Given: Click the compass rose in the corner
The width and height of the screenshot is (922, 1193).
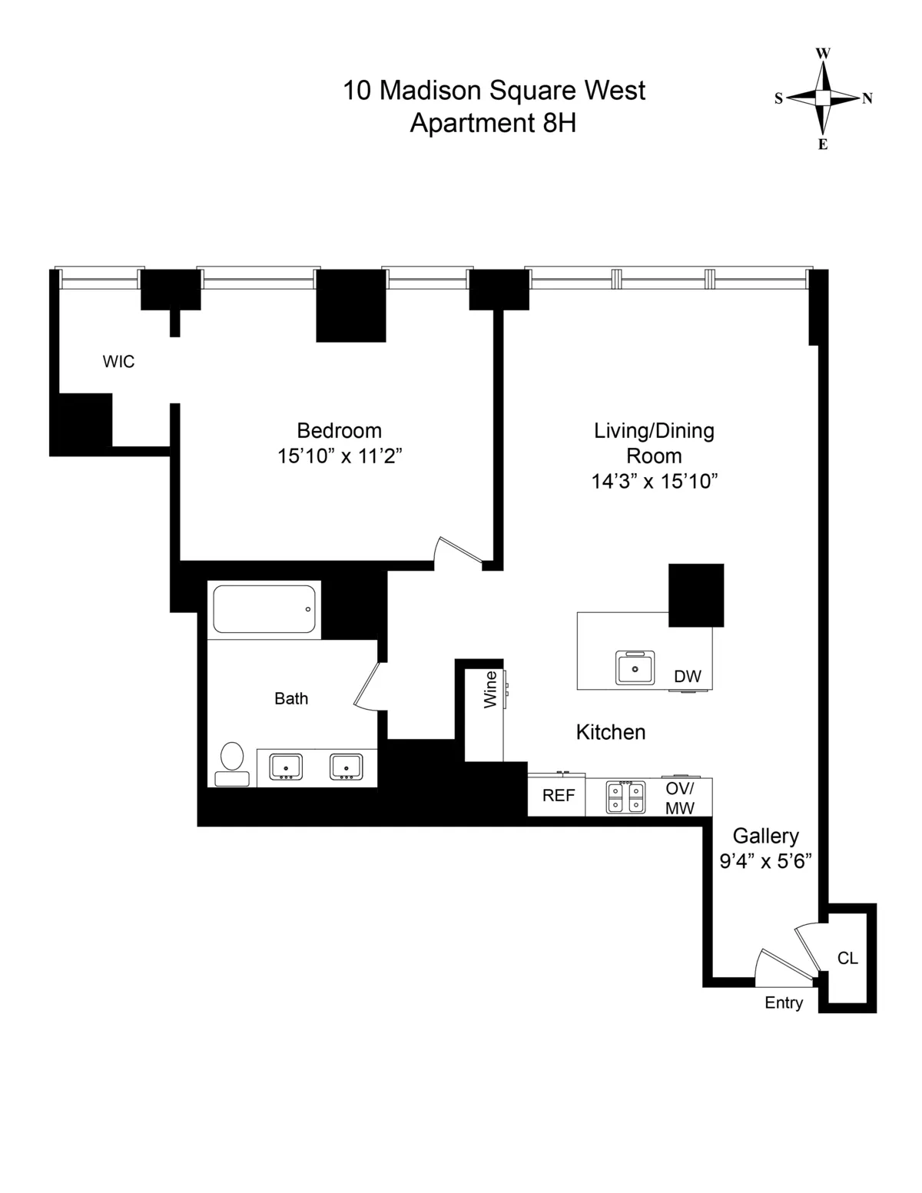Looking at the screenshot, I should click(823, 98).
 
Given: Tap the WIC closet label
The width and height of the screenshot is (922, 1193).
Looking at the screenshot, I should click(118, 361).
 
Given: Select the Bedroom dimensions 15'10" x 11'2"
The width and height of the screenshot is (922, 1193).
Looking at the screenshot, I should click(340, 456).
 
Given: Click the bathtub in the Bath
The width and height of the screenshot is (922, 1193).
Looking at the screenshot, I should click(264, 609).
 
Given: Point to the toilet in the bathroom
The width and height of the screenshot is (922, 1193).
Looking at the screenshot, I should click(231, 764).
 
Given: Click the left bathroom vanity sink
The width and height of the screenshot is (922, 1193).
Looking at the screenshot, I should click(285, 767).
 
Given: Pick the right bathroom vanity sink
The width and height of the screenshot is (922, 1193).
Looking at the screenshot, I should click(346, 767).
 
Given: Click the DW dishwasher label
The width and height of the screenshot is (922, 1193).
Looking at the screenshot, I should click(687, 677).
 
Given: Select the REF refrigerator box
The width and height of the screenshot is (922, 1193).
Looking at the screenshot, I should click(558, 796).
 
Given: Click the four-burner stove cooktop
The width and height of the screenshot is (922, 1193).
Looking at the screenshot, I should click(625, 797).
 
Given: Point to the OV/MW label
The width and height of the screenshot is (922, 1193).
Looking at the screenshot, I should click(679, 798).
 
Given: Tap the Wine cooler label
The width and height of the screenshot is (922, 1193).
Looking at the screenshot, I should click(490, 689).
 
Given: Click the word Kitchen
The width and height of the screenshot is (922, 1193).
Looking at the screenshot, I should click(610, 732).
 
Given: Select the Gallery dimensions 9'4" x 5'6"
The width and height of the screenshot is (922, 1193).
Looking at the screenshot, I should click(765, 861).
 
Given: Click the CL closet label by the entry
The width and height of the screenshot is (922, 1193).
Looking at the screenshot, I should click(847, 958).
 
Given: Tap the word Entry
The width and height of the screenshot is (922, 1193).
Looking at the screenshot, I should click(784, 1002).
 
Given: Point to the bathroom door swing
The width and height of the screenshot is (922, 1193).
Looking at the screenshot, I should click(366, 685).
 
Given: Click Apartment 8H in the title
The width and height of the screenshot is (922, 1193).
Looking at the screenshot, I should click(493, 123).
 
